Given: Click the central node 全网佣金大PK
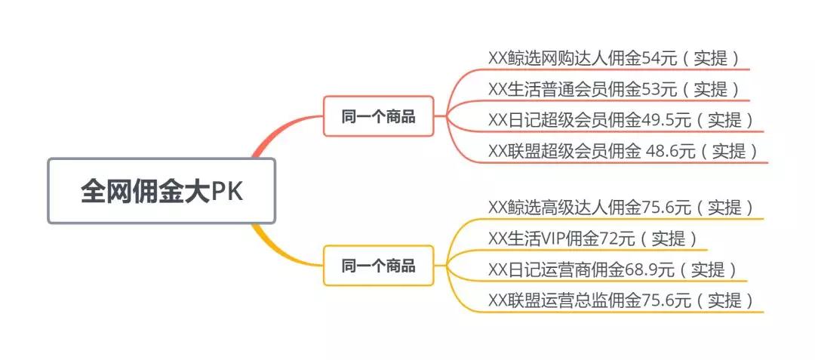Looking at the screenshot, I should click(x=161, y=191).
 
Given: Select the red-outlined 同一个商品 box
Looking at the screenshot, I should click(x=378, y=116).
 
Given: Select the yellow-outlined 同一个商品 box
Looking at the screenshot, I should click(x=378, y=266).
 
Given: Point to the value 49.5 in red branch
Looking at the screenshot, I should click(x=658, y=120).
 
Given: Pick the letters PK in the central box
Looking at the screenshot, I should click(x=226, y=192).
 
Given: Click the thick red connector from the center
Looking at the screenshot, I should click(x=272, y=136).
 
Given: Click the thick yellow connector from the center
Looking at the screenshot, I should click(x=272, y=245).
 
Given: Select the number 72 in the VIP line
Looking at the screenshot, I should click(x=610, y=238).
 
